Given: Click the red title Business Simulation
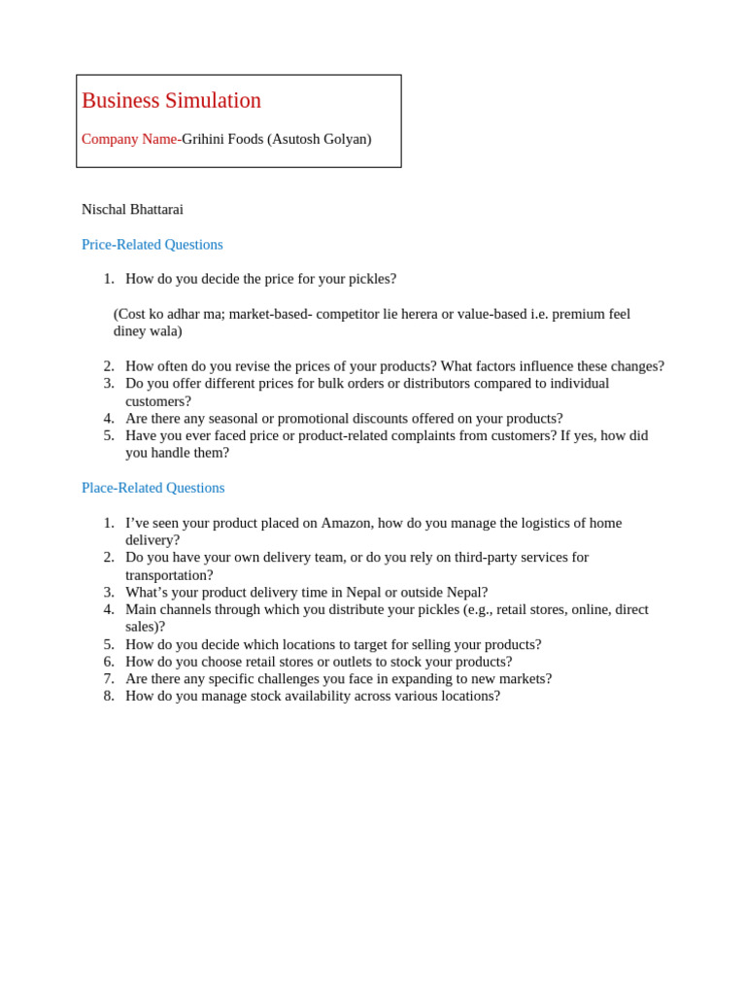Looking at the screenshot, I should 171,101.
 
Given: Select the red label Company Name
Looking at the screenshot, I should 129,139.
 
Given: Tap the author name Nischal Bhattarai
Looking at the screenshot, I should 132,209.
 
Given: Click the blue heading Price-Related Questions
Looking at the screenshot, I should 153,244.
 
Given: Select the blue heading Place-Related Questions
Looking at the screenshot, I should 153,487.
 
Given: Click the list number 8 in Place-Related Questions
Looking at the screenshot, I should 109,696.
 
